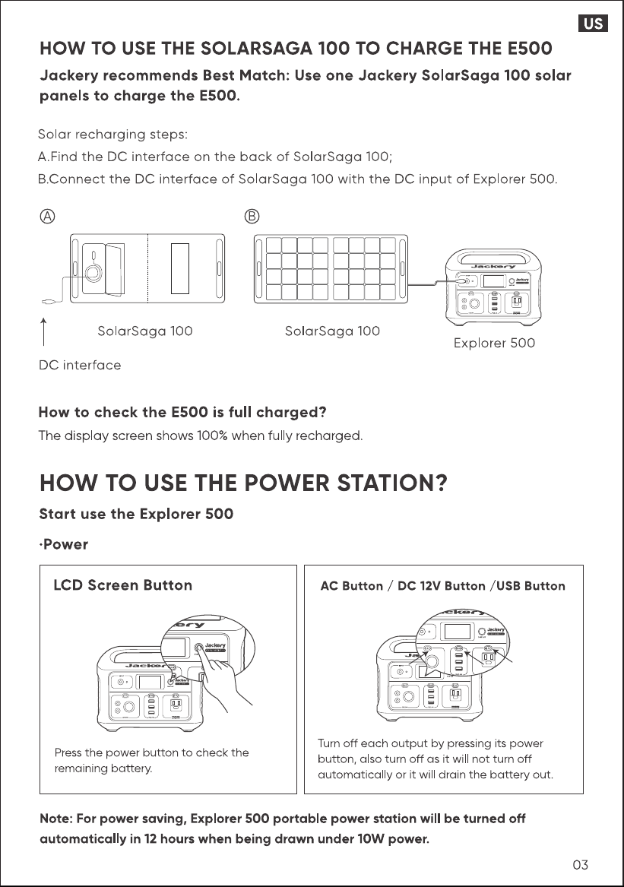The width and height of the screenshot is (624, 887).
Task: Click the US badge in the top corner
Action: coord(593,24)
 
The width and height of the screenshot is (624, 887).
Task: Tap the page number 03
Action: coord(581,864)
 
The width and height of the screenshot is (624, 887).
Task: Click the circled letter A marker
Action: coord(48,217)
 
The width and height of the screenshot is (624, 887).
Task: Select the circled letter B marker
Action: coord(252,217)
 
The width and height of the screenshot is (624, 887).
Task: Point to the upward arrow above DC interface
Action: coord(43,331)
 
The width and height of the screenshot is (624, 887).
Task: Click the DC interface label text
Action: coord(80,365)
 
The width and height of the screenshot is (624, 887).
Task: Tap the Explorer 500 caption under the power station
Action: coord(495,343)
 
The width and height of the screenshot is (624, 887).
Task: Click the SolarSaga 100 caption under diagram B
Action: coord(332,331)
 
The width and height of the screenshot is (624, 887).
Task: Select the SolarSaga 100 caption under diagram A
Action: coord(145,331)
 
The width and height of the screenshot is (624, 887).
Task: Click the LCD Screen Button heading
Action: coord(123,585)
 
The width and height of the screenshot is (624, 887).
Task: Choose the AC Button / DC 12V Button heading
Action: coord(403,586)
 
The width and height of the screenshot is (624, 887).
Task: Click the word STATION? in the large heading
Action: coord(392,483)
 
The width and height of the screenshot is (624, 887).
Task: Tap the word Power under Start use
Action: coord(65,544)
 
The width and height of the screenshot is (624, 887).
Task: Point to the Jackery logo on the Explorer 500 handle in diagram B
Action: coord(493,267)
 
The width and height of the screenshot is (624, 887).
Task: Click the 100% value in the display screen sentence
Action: coord(212,436)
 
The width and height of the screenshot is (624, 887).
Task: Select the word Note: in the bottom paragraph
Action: coord(56,819)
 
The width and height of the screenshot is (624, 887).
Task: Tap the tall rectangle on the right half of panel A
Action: coord(180,269)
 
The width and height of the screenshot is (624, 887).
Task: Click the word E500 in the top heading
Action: coord(530,49)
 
